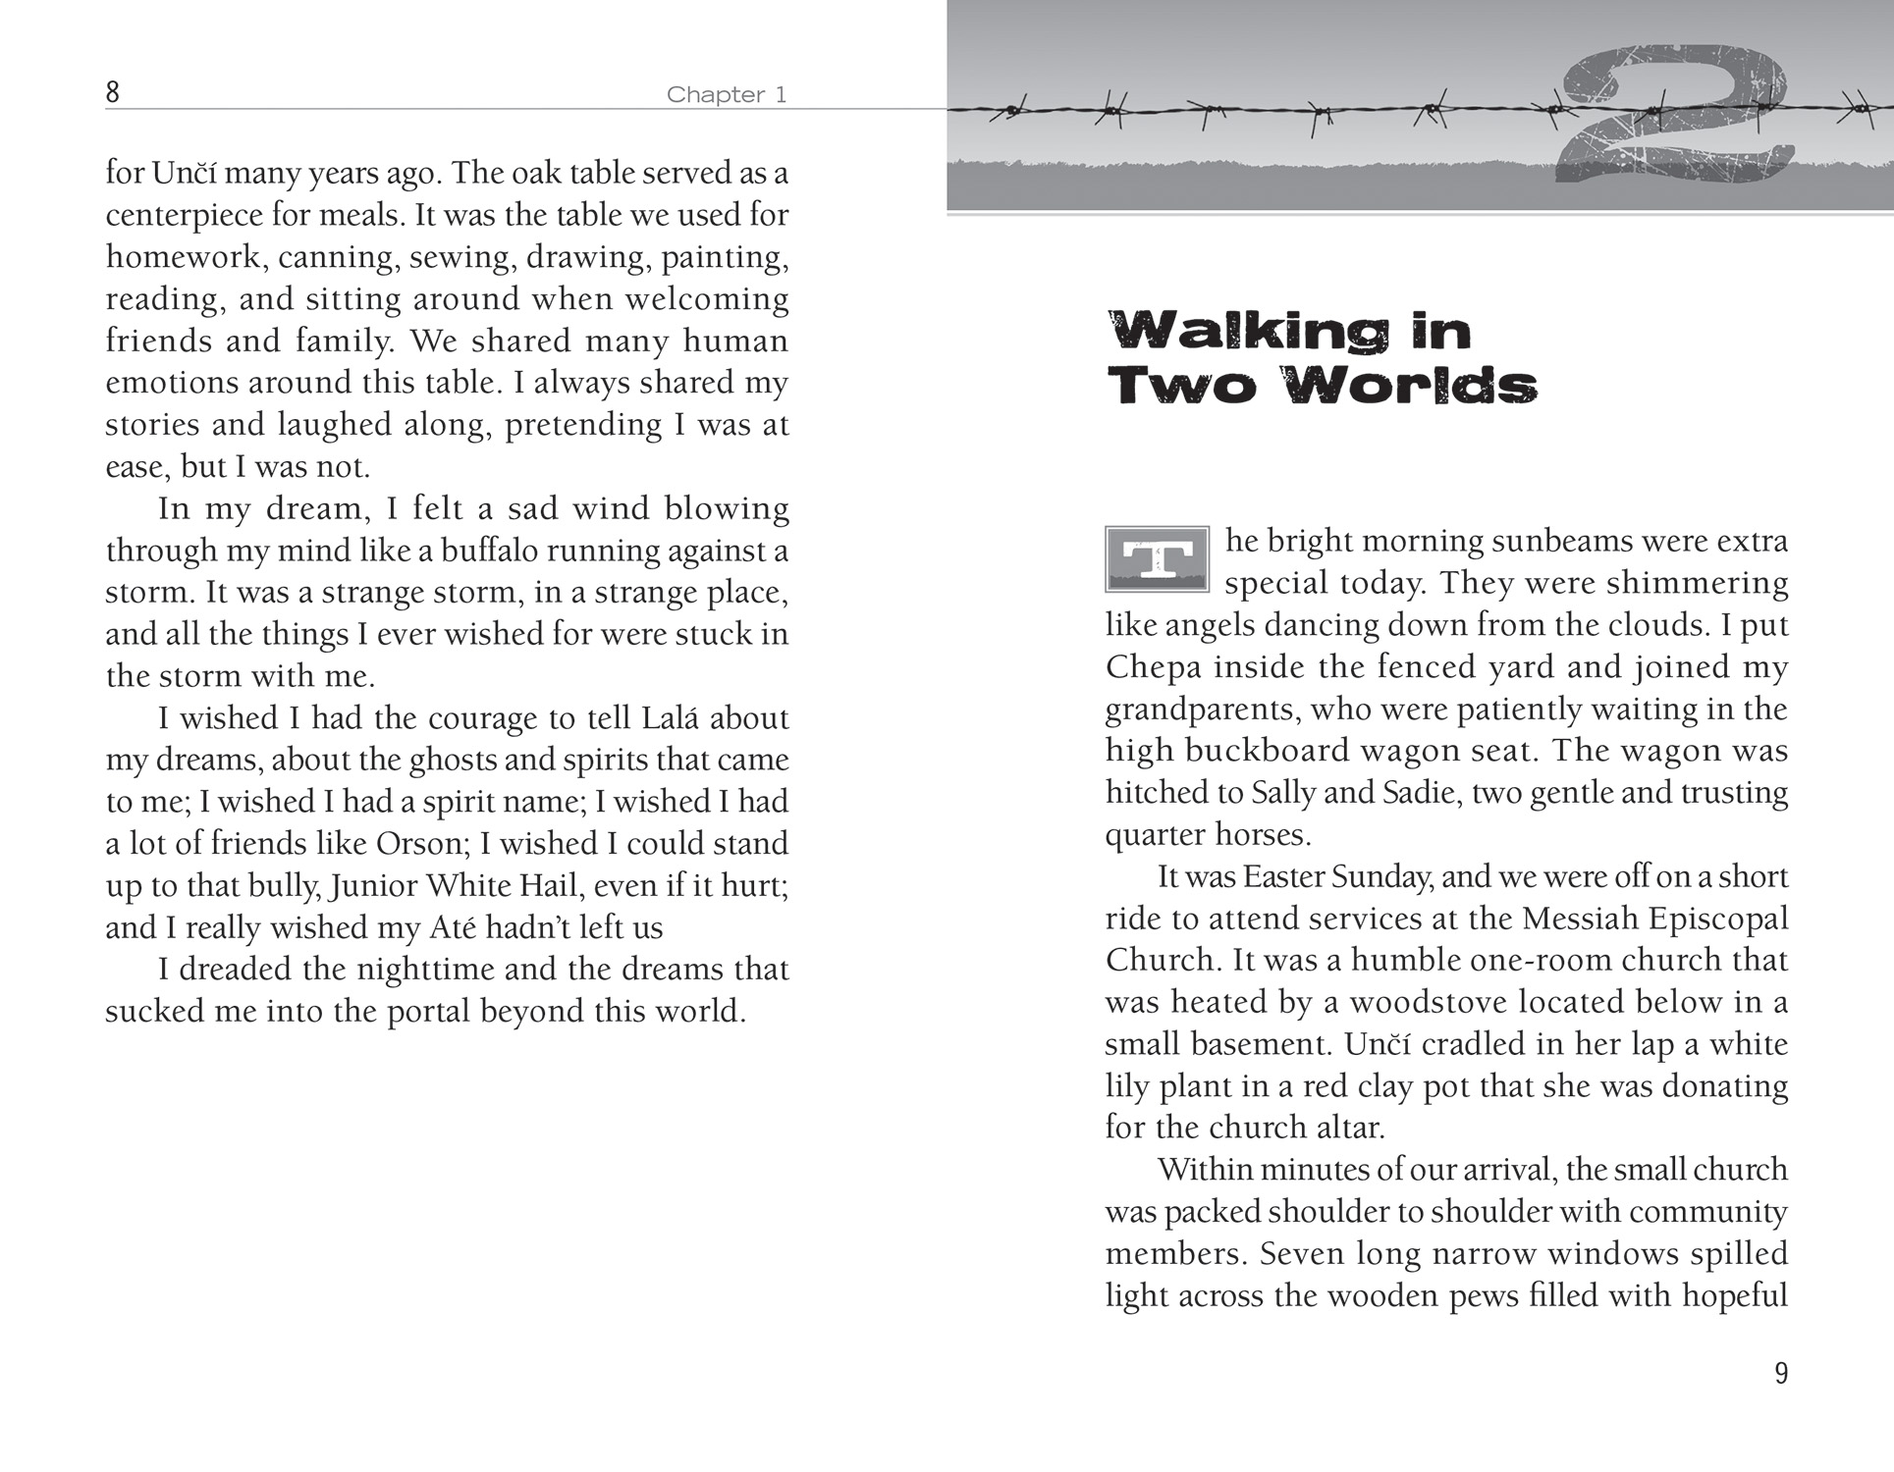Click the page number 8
coord(113,92)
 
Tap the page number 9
coord(1781,1373)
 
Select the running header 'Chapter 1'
coord(727,95)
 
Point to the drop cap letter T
coord(1157,559)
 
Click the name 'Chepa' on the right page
coord(1154,667)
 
